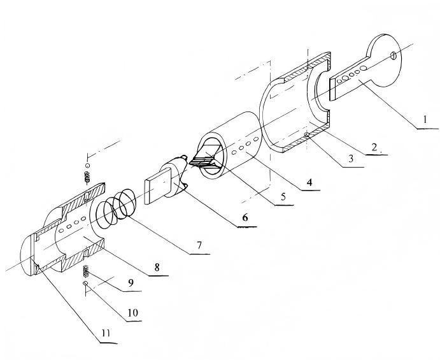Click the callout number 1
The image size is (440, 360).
tap(425, 119)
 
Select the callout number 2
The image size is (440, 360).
tap(374, 147)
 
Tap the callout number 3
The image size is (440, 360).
tap(351, 159)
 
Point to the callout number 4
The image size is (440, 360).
tap(309, 182)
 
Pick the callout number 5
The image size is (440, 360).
tap(283, 197)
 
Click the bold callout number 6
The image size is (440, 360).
tap(245, 217)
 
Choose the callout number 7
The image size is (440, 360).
tap(199, 245)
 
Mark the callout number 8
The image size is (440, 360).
tap(157, 267)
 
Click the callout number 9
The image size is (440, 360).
tap(131, 283)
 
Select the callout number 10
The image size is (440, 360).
tap(132, 313)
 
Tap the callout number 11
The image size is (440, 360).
tap(106, 333)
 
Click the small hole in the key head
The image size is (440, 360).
tap(394, 55)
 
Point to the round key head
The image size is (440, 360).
tap(385, 61)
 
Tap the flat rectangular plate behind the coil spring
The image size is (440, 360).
tap(157, 186)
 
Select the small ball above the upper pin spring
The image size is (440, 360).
tap(87, 165)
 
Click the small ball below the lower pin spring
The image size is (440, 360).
tap(85, 283)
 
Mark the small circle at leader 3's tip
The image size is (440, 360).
tap(308, 135)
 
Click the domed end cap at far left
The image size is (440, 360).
tap(27, 256)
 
